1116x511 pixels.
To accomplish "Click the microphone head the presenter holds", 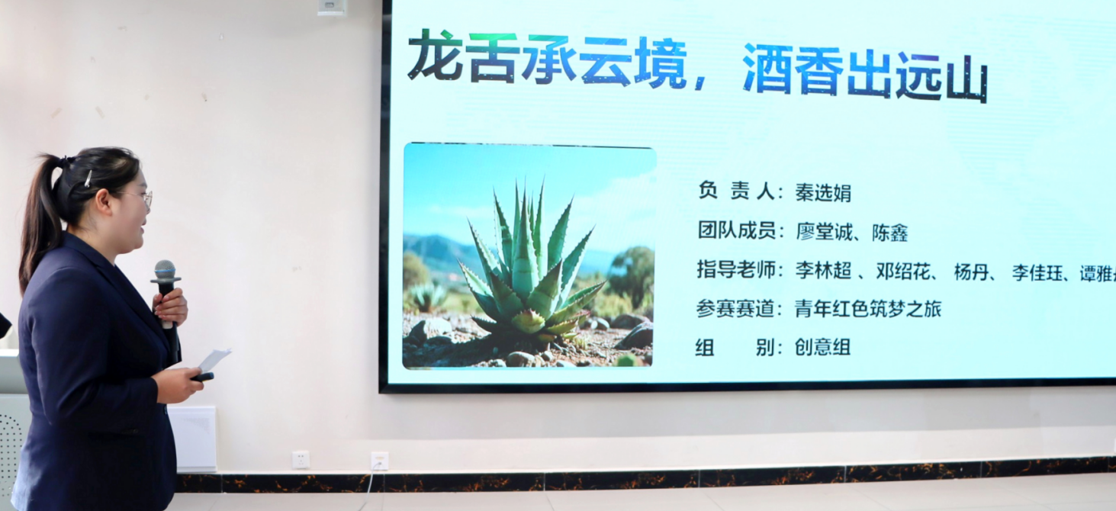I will pos(165,272).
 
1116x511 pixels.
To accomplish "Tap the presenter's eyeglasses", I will pos(143,197).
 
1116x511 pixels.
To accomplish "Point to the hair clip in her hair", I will pos(88,178).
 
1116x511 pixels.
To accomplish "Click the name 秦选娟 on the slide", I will pos(823,193).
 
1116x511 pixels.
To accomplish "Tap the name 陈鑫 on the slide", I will pos(889,233).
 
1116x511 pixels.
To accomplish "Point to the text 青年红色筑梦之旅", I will pos(867,309).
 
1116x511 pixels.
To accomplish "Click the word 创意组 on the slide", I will pos(822,348).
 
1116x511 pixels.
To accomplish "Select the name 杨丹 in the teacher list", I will pos(971,272).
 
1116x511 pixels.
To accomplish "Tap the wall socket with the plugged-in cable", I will pos(379,461).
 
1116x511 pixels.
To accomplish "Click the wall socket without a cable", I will pos(301,459).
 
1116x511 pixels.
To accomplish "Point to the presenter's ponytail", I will pos(38,221).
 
